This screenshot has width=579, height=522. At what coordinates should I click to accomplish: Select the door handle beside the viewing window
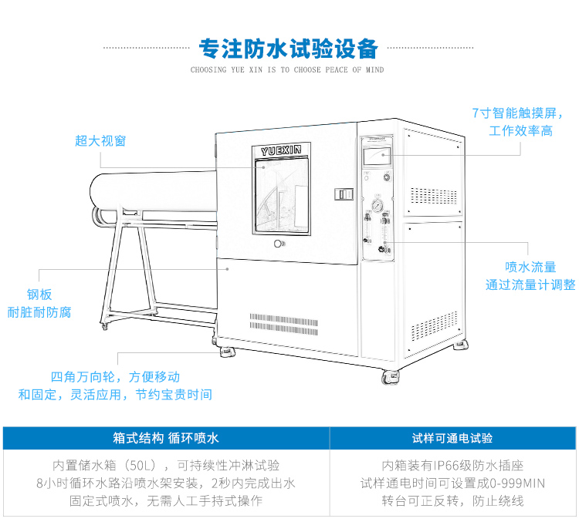click(x=343, y=194)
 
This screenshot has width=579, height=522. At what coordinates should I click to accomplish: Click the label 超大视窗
click(x=100, y=140)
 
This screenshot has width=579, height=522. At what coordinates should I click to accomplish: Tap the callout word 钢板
click(x=39, y=295)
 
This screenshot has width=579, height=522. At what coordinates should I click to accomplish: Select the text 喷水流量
click(x=530, y=267)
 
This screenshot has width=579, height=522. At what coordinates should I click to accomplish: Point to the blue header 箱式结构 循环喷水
click(x=166, y=438)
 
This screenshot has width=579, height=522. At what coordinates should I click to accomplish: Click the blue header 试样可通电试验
click(x=452, y=438)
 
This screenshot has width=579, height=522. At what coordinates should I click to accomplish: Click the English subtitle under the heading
click(x=287, y=69)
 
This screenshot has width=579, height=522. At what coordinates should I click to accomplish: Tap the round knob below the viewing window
click(x=279, y=244)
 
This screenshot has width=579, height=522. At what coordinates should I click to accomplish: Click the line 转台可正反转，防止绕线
click(x=452, y=501)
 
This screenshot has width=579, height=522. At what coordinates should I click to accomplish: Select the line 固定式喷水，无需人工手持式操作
click(x=166, y=501)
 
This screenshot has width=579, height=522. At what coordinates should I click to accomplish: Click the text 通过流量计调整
click(x=530, y=285)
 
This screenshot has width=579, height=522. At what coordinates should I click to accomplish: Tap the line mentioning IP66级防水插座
click(x=452, y=466)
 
